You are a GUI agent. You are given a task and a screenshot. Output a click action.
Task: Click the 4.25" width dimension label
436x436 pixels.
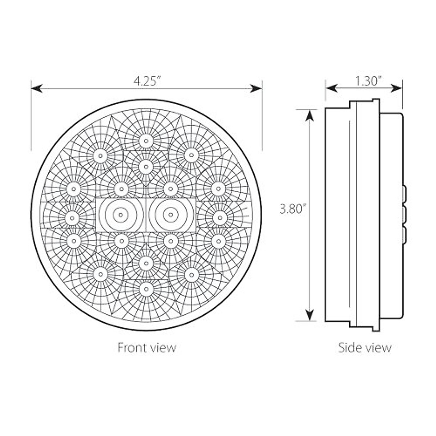coord(147,81)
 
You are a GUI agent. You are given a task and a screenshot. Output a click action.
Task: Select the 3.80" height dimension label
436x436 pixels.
coord(291,209)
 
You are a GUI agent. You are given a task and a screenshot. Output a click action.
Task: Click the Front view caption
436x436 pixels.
coord(147,347)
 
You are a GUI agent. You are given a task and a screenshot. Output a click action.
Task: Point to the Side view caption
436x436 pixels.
coord(365,347)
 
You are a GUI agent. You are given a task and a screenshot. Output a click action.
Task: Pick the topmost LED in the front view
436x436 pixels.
coord(146,141)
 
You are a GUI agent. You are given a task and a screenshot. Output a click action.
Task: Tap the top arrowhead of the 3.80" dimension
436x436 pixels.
coord(309,115)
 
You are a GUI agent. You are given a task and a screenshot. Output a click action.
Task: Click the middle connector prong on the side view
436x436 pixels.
coord(404,214)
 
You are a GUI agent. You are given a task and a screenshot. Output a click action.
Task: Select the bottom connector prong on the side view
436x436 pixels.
coord(404,234)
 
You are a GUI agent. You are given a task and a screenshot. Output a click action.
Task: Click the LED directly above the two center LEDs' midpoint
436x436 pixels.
coord(146,166)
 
